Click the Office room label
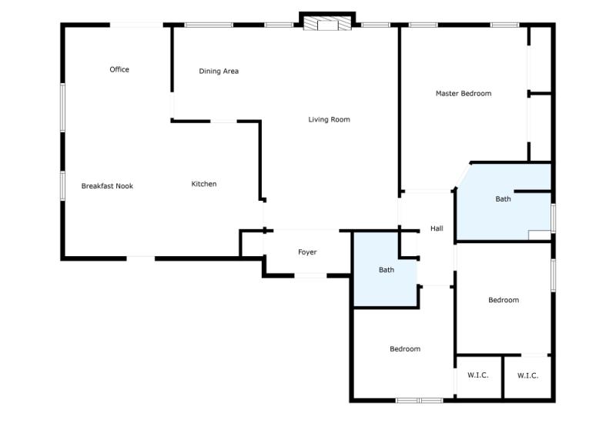tap(119, 70)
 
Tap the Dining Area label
tap(219, 72)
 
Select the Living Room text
tap(329, 120)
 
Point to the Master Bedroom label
tap(463, 94)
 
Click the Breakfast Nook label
tap(107, 186)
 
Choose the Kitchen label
tap(204, 184)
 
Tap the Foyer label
tap(307, 252)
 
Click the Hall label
tap(437, 228)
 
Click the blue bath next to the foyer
tap(386, 270)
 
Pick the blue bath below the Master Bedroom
tap(503, 199)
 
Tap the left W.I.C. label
tap(478, 375)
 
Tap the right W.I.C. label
tap(527, 375)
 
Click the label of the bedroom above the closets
tap(504, 300)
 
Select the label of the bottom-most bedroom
tap(405, 349)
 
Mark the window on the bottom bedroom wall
tap(419, 400)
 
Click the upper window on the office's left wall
tap(62, 107)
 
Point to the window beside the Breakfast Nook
tap(62, 185)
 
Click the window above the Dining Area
tap(208, 25)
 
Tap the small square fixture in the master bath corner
tap(540, 235)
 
